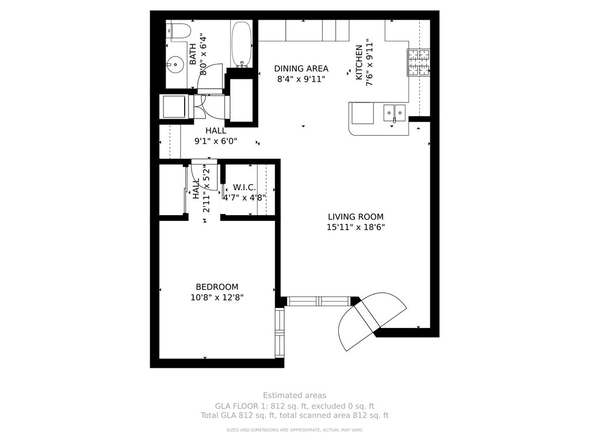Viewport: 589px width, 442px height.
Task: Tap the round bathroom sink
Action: coord(175,65)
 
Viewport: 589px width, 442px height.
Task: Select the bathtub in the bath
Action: coord(242,44)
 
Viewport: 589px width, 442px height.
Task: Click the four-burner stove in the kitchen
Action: coord(419,62)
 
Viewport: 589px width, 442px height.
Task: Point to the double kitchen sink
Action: coord(395,113)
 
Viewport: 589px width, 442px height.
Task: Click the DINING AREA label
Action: coord(301,69)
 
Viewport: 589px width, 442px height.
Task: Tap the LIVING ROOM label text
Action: coord(355,217)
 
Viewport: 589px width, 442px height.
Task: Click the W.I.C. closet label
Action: coord(244,187)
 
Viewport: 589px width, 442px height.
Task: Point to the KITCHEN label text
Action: coord(359,62)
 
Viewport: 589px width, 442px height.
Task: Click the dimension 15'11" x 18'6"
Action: coord(355,227)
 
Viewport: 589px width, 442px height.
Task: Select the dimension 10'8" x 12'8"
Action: coord(217,298)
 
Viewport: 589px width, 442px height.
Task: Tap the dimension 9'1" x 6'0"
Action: coord(216,142)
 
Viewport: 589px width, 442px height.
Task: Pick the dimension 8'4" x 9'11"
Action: coord(301,79)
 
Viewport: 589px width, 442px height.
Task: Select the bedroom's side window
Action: coord(280,333)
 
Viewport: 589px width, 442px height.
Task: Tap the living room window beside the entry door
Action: coord(319,302)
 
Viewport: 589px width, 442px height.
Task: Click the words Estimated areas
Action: coord(294,395)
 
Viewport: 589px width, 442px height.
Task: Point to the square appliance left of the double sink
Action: coord(362,113)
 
